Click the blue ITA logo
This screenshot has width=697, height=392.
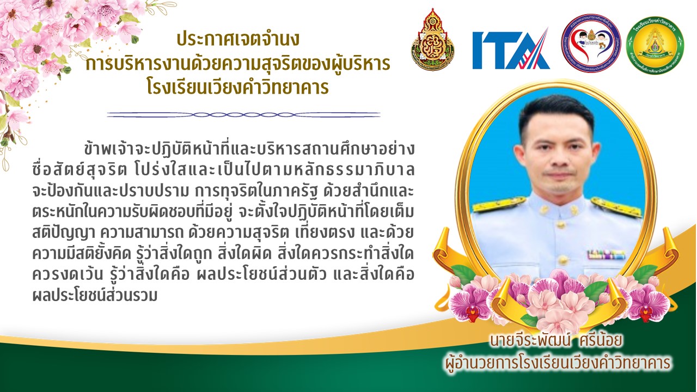511,48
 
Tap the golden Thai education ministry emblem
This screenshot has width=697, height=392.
432,40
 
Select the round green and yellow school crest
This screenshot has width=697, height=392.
655,45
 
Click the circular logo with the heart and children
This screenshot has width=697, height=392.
591,43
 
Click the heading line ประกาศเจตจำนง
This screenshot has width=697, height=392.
238,39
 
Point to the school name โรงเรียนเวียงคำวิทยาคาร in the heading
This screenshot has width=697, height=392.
238,88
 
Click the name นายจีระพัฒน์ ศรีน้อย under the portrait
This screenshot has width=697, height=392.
556,340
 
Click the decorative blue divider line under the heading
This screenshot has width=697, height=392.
243,115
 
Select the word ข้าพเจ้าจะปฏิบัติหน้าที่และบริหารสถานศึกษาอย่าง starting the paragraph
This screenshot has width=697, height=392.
249,149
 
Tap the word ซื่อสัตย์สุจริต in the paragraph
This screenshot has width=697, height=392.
80,170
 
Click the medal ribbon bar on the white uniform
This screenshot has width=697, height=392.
606,254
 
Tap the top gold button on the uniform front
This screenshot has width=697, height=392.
561,224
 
